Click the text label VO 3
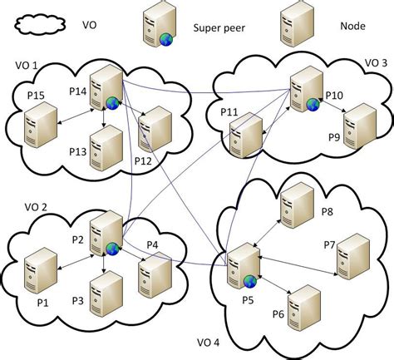pos(376,63)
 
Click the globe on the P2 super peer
pos(111,248)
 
